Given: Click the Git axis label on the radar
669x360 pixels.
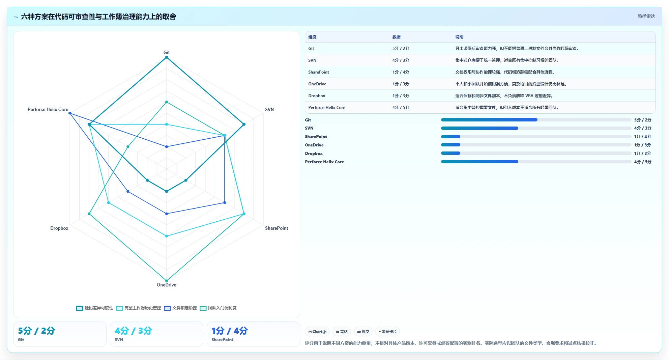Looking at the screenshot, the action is click(167, 52).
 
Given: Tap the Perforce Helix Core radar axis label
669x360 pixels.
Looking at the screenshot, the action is click(48, 109).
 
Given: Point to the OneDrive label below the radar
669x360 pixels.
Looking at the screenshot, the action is click(167, 285).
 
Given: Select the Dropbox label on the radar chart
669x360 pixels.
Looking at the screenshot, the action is click(59, 228).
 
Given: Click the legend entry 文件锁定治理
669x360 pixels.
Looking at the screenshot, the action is click(180, 308).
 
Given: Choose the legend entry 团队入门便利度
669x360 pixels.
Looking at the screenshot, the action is click(218, 308).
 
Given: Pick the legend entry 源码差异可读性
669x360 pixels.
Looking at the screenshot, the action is click(95, 308).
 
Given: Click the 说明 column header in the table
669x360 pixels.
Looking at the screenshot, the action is click(459, 37).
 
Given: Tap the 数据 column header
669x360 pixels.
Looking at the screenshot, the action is click(397, 37).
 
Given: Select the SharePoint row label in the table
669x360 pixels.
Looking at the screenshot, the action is click(319, 72).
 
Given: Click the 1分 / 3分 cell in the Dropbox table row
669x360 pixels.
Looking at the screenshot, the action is click(401, 96).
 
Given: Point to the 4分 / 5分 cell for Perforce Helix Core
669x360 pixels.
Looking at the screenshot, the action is click(401, 108).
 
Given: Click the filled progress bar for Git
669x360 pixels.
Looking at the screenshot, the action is click(489, 120).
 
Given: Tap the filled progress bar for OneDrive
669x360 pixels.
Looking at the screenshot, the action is click(450, 145).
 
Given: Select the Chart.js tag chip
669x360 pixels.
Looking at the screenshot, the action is click(317, 332).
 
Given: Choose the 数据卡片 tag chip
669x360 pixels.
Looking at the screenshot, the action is click(387, 332).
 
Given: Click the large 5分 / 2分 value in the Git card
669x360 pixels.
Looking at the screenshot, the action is click(36, 331).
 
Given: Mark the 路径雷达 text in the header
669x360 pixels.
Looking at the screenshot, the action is click(646, 16).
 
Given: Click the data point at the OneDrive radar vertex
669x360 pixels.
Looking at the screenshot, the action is click(167, 281).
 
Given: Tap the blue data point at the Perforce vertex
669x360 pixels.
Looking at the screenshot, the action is click(70, 113).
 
